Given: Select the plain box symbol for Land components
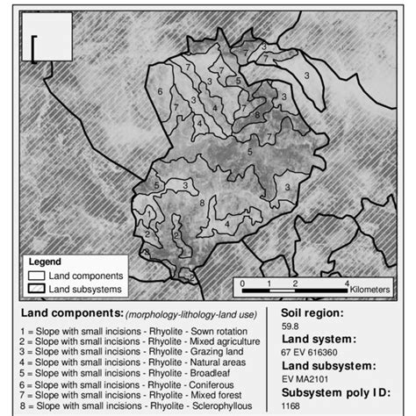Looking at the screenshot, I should click(x=39, y=273).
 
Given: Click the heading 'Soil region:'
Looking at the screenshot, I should click(x=313, y=311).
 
